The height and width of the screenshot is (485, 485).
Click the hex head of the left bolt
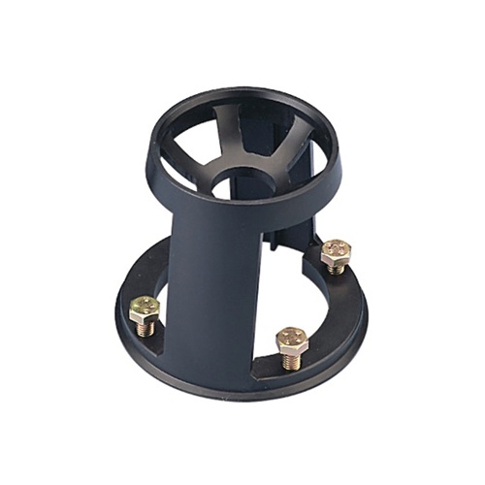[x=145, y=308]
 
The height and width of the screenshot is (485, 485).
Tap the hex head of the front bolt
[x=291, y=339]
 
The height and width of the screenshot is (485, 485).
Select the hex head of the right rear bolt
[x=335, y=251]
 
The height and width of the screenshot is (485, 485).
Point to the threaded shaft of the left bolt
[x=145, y=329]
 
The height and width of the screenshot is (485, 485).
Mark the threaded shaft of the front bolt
[x=292, y=361]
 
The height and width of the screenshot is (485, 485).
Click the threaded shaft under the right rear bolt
[x=335, y=269]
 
